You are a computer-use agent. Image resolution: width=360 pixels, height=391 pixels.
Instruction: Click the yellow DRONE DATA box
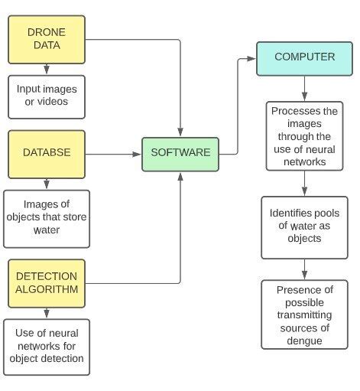pyautogui.click(x=47, y=39)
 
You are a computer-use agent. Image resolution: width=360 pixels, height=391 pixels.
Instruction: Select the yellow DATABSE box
pyautogui.click(x=47, y=153)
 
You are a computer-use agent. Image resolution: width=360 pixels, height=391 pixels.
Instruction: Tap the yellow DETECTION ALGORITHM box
pyautogui.click(x=47, y=282)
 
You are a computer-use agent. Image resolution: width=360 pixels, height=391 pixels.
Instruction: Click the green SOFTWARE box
pyautogui.click(x=180, y=153)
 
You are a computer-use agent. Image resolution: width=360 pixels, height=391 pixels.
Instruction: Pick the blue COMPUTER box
pyautogui.click(x=304, y=57)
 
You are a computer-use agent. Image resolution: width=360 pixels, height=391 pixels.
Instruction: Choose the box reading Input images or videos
pyautogui.click(x=47, y=96)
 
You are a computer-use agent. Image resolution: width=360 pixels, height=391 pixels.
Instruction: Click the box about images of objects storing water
pyautogui.click(x=47, y=217)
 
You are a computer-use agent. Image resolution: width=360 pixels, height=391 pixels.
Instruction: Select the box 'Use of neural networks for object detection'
pyautogui.click(x=47, y=346)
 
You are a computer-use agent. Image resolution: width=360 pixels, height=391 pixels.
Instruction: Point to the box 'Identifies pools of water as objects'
pyautogui.click(x=304, y=226)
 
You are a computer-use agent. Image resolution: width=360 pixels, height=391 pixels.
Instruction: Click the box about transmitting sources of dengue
pyautogui.click(x=304, y=314)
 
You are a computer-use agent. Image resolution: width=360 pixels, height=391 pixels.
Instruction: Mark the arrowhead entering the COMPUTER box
pyautogui.click(x=251, y=58)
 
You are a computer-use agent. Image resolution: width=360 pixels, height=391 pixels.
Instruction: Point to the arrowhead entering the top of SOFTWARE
pyautogui.click(x=180, y=132)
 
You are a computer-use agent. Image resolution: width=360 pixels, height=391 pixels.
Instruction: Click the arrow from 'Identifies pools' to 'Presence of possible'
pyautogui.click(x=304, y=269)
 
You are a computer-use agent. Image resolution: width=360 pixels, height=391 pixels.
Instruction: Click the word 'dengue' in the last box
pyautogui.click(x=304, y=340)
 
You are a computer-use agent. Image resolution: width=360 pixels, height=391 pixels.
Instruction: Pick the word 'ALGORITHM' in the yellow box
pyautogui.click(x=47, y=288)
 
